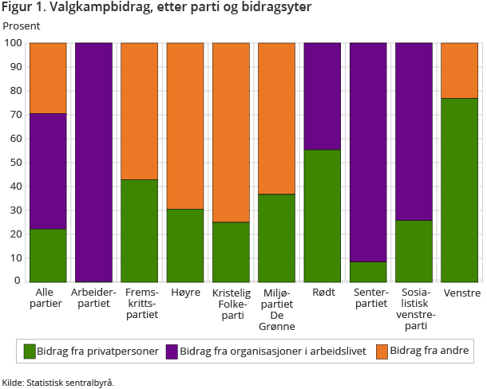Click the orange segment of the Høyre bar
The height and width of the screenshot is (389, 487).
point(184,126)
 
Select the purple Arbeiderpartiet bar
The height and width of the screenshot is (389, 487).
point(93,162)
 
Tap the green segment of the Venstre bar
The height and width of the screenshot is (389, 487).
point(459,190)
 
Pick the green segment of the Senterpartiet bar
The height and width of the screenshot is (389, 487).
point(368,271)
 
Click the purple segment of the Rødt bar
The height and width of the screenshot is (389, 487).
point(323,96)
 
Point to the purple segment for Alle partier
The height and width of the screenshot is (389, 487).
point(48,171)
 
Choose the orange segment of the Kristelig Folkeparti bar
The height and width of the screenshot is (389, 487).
point(231,132)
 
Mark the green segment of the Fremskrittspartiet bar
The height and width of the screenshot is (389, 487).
point(139,230)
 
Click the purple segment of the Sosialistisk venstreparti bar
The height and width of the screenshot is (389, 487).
point(414,132)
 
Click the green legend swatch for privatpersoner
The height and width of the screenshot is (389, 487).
point(30,351)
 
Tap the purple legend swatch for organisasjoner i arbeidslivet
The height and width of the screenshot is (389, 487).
point(172,351)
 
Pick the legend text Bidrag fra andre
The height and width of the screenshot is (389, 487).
point(430,351)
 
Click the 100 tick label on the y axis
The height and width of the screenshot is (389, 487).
point(13,43)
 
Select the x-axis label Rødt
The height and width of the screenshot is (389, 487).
point(323,293)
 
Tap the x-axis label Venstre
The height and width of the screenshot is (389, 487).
point(462,293)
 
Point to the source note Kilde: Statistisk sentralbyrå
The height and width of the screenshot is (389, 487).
point(58,383)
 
